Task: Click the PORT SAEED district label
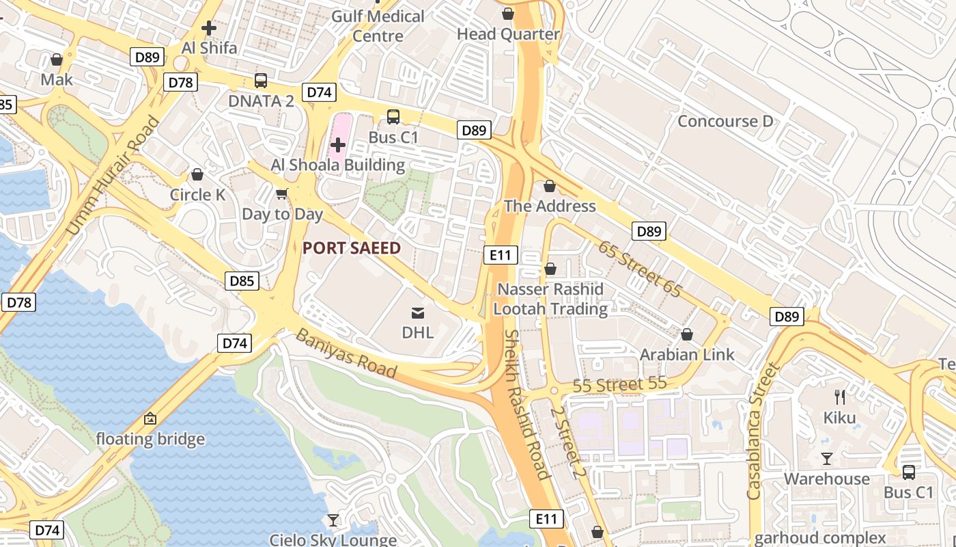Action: click(x=351, y=248)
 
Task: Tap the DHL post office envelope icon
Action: click(x=417, y=313)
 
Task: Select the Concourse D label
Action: click(x=725, y=122)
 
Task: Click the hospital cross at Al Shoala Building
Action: click(x=338, y=144)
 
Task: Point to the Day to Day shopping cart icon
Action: click(x=281, y=194)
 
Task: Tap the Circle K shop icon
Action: click(x=197, y=175)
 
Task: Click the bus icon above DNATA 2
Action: click(x=261, y=81)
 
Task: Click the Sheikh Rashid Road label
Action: click(x=526, y=405)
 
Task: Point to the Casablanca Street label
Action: click(x=763, y=431)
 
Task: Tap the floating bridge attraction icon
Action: click(x=150, y=418)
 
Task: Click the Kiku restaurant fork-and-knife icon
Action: click(x=840, y=397)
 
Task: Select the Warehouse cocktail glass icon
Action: click(x=827, y=458)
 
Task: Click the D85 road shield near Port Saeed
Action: click(x=242, y=280)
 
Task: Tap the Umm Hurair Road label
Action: click(x=113, y=176)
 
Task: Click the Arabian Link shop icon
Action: click(x=687, y=334)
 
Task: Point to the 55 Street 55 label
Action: click(x=619, y=385)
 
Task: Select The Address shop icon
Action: click(x=550, y=186)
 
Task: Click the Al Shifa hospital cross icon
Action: click(x=209, y=28)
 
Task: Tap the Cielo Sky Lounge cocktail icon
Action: click(x=333, y=521)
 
